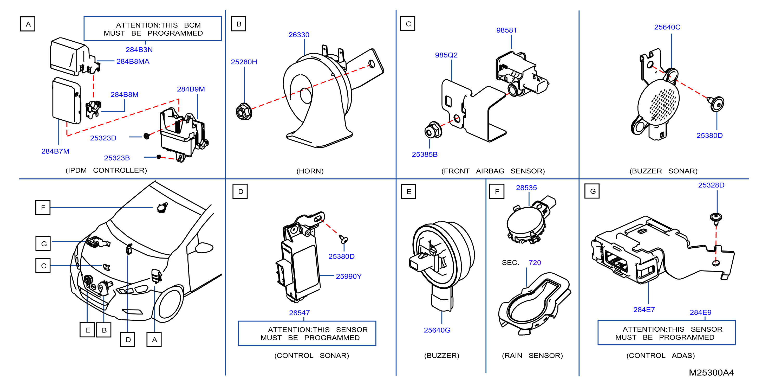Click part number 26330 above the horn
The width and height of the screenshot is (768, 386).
pyautogui.click(x=299, y=35)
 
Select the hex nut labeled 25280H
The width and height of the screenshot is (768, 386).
pyautogui.click(x=244, y=112)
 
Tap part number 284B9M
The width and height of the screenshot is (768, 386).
pyautogui.click(x=191, y=89)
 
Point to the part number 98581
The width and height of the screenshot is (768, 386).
pyautogui.click(x=506, y=30)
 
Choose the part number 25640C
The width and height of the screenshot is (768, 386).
pyautogui.click(x=667, y=27)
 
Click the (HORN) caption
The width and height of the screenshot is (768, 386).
pyautogui.click(x=310, y=171)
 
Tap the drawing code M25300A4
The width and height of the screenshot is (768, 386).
pyautogui.click(x=711, y=372)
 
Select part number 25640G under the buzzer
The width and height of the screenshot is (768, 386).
pyautogui.click(x=437, y=330)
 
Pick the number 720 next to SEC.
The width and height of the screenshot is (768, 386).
pyautogui.click(x=535, y=262)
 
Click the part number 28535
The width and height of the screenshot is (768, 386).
pyautogui.click(x=526, y=188)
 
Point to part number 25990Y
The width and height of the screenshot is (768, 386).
pyautogui.click(x=349, y=276)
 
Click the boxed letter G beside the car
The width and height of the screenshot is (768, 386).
pyautogui.click(x=43, y=244)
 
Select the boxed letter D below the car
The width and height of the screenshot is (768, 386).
pyautogui.click(x=128, y=339)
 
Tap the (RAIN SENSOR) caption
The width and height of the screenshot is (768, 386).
pyautogui.click(x=532, y=356)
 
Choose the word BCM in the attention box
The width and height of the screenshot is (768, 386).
pyautogui.click(x=192, y=25)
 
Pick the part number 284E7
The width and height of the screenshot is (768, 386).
pyautogui.click(x=644, y=310)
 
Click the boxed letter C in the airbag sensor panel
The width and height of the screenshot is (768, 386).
pyautogui.click(x=408, y=24)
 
